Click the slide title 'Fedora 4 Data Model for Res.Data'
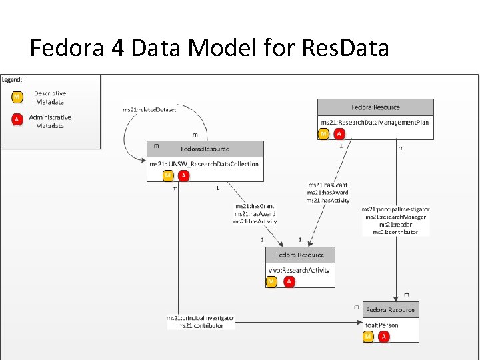pos(209,48)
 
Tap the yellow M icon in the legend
pos(17,97)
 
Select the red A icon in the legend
pos(17,120)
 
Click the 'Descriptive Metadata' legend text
pos(50,98)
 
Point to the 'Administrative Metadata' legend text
pos(50,121)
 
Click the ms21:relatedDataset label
pos(149,109)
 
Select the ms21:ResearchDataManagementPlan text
pos(375,123)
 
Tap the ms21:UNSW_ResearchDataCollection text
pos(204,164)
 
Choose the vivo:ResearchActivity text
pos(299,270)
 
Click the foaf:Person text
pos(382,325)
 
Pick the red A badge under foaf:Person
pos(383,337)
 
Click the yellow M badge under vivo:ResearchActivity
pos(271,282)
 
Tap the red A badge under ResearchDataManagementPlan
pos(339,134)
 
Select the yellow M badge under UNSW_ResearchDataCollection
pos(168,175)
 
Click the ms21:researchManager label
pos(395,217)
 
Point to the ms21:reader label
pos(395,225)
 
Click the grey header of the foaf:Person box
pos(391,310)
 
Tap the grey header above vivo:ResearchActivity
pos(300,255)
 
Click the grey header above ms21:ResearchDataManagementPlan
pos(375,107)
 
